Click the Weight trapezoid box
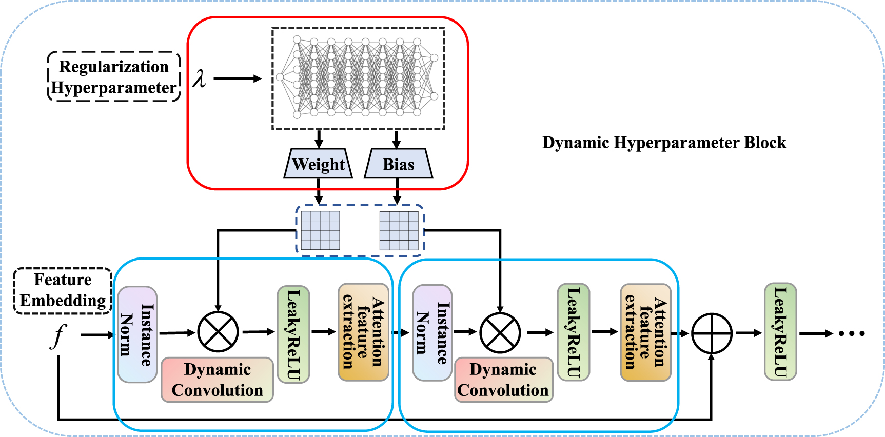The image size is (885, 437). pos(318,164)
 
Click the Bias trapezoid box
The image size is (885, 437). pos(398,164)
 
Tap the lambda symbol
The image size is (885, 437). pos(199,78)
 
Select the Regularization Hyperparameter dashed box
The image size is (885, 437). pos(114,77)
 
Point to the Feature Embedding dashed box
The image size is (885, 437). pos(63,290)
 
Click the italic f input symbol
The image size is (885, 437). pos(59,336)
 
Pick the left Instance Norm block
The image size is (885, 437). pos(137,334)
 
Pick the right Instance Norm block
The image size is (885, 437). pos(432,333)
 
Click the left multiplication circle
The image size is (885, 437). pos(218,332)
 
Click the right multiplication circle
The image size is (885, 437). pos(500,333)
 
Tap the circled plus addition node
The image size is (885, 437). pos(712,333)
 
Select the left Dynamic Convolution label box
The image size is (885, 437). pos(218,380)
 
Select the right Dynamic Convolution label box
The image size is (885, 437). pos(503,380)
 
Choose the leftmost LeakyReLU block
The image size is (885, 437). pos(293,334)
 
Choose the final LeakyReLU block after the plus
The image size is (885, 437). pos(780,332)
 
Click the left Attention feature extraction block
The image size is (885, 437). pos(363,332)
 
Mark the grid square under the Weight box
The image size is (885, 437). pos(320,230)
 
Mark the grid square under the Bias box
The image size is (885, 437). pos(399,230)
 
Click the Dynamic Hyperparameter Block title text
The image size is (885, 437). pos(664,143)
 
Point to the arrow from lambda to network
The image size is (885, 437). pos(237,78)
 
